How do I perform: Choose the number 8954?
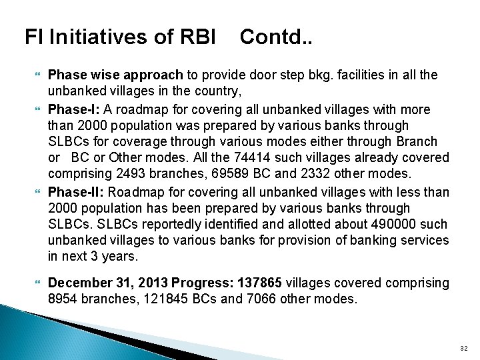pyautogui.click(x=65, y=299)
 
